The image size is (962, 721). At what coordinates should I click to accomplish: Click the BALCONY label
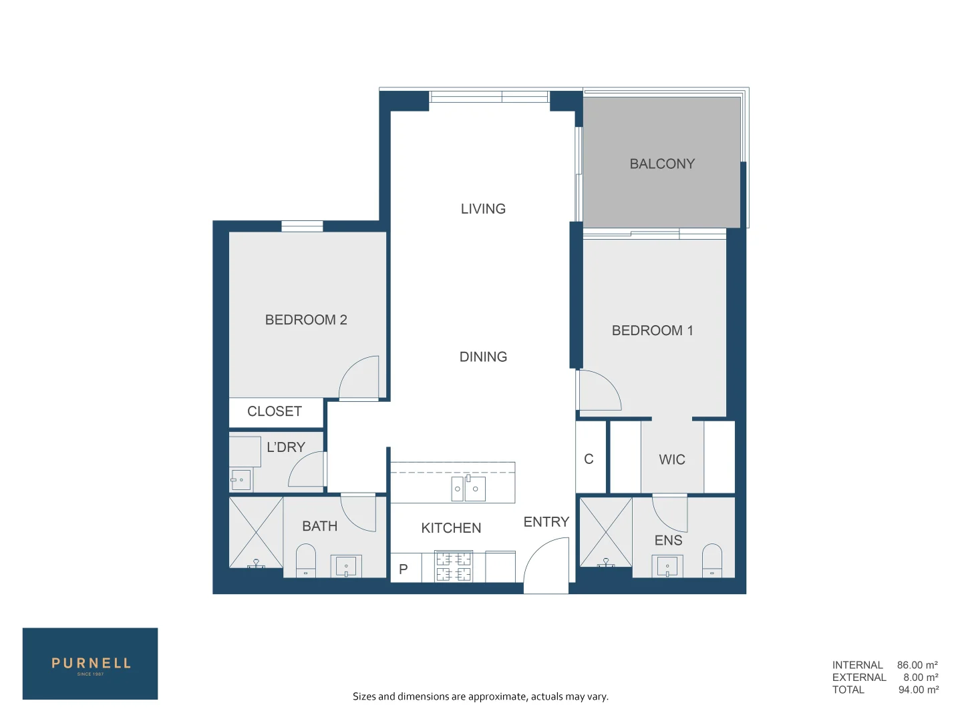pos(662,164)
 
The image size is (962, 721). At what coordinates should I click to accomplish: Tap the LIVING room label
pos(483,209)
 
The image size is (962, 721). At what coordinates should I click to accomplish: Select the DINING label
pos(483,357)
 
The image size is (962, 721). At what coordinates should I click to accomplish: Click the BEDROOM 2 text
pos(306,320)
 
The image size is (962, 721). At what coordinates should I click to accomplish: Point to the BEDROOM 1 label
pos(652,330)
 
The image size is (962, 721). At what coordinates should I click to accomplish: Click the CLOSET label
pos(275,411)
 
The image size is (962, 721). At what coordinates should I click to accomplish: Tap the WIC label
pos(671,459)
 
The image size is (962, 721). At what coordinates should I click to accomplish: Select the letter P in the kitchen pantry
pos(404,569)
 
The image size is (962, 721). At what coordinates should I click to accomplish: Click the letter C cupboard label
pos(589,459)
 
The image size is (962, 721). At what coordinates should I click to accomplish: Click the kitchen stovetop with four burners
pos(454,566)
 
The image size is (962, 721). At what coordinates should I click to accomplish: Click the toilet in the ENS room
pos(712,560)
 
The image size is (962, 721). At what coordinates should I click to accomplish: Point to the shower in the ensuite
pos(605,532)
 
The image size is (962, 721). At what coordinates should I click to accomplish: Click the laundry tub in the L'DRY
pos(240,480)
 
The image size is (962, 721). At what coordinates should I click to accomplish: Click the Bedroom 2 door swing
pos(361,378)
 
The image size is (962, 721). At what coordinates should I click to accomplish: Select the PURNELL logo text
pos(91,663)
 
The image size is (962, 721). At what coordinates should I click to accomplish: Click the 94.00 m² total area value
pos(918,690)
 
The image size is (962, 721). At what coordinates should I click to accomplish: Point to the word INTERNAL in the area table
pos(857,665)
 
